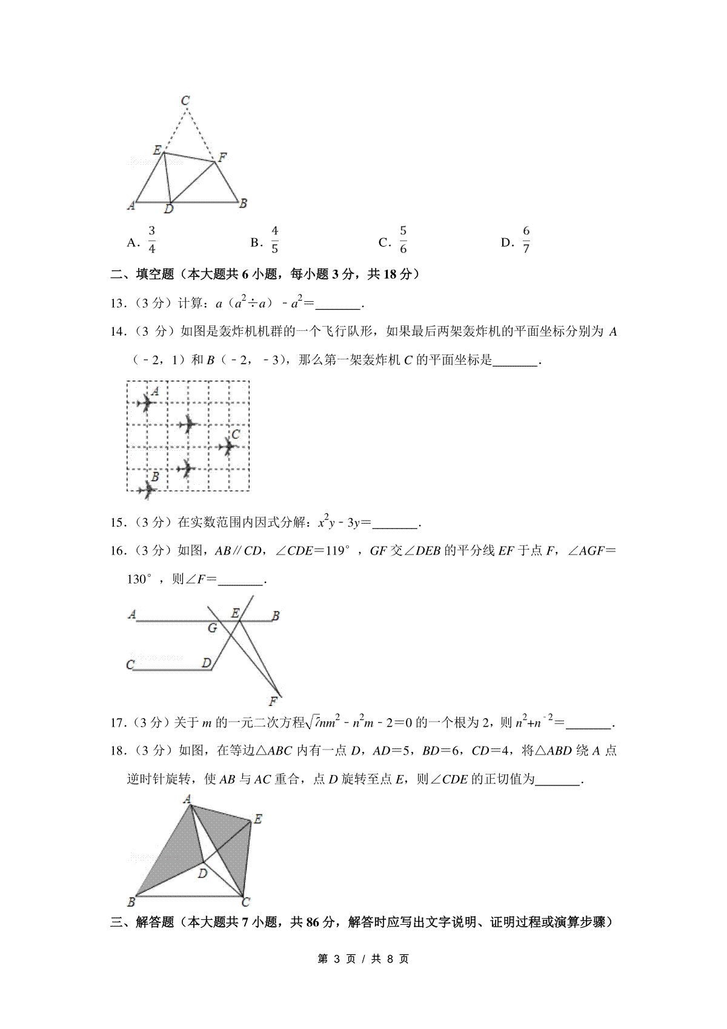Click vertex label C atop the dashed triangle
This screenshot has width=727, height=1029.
[185, 100]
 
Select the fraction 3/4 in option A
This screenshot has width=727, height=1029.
[151, 240]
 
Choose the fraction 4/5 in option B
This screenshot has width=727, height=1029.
[274, 240]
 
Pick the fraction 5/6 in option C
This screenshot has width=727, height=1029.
[403, 240]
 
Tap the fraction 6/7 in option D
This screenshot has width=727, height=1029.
[526, 240]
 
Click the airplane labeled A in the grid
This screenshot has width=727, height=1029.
[145, 402]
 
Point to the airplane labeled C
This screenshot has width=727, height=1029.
[228, 447]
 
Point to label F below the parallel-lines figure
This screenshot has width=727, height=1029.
[273, 702]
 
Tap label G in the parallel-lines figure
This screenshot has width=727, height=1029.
[212, 628]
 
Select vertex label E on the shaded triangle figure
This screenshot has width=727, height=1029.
[257, 819]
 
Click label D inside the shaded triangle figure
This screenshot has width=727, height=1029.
[203, 873]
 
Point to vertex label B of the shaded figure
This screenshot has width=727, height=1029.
[131, 902]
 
